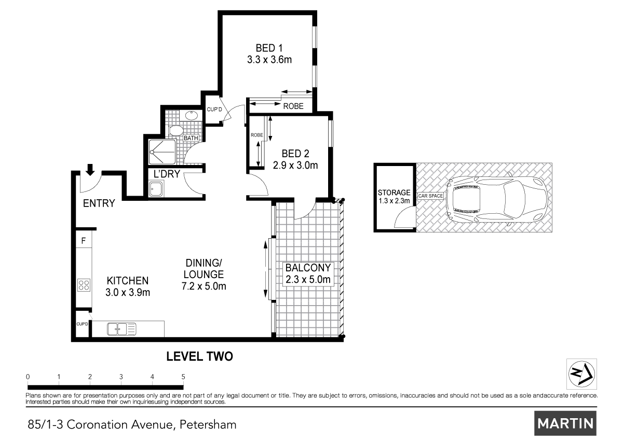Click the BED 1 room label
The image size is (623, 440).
[269, 48]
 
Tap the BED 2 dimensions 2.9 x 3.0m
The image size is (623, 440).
[295, 166]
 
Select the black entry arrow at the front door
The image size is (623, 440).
[90, 169]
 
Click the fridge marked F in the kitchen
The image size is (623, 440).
[83, 241]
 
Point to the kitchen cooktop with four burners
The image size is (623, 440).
[84, 284]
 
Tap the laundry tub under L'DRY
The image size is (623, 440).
[155, 189]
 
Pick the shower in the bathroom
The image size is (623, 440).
[161, 152]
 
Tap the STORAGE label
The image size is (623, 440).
[394, 192]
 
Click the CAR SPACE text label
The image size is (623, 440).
[430, 196]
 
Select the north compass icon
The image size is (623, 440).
[581, 374]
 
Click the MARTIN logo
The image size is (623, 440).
[565, 423]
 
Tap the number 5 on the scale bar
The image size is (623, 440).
[183, 377]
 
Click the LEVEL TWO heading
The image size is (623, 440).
[199, 356]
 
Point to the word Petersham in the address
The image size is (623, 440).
[208, 424]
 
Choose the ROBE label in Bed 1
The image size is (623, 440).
[293, 106]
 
